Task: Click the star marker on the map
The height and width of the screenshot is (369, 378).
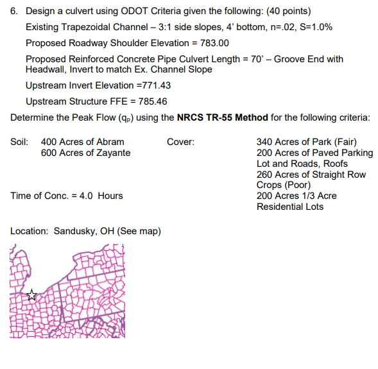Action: (32, 295)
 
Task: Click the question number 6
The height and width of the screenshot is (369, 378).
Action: (14, 12)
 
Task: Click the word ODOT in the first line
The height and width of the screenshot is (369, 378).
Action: (135, 12)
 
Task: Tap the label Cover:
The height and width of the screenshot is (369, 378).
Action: (181, 142)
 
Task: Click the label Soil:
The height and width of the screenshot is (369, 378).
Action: (20, 142)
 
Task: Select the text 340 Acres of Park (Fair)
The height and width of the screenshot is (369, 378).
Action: (306, 142)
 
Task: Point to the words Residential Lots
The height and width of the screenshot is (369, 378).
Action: (290, 207)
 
